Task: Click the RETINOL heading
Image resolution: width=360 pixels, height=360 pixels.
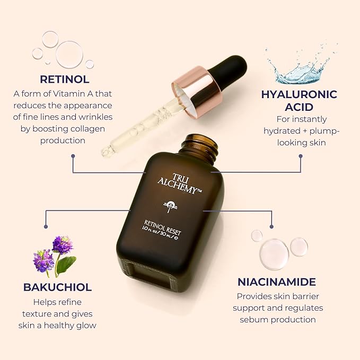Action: coord(65,80)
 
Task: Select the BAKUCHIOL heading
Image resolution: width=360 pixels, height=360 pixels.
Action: coord(57,287)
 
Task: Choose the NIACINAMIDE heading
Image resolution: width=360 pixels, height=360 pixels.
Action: coord(276,282)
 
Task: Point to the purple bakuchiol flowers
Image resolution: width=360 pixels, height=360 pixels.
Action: coord(53,253)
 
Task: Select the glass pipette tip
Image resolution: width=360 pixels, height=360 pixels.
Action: coord(106,153)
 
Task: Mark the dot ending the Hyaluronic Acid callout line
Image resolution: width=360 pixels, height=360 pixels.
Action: coord(301,156)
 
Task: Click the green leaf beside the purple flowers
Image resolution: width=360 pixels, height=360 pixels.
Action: coord(67,264)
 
